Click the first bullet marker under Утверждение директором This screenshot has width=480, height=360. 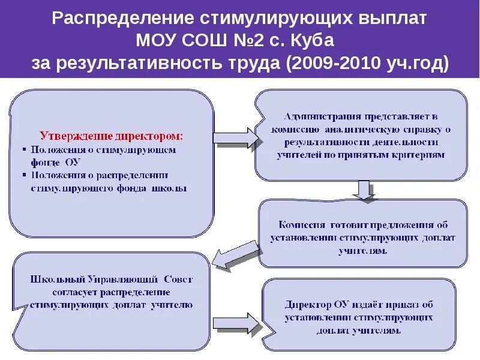25,149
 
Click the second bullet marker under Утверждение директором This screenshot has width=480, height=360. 25,175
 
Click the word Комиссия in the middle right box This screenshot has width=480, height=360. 301,225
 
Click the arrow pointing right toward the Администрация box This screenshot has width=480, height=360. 234,137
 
